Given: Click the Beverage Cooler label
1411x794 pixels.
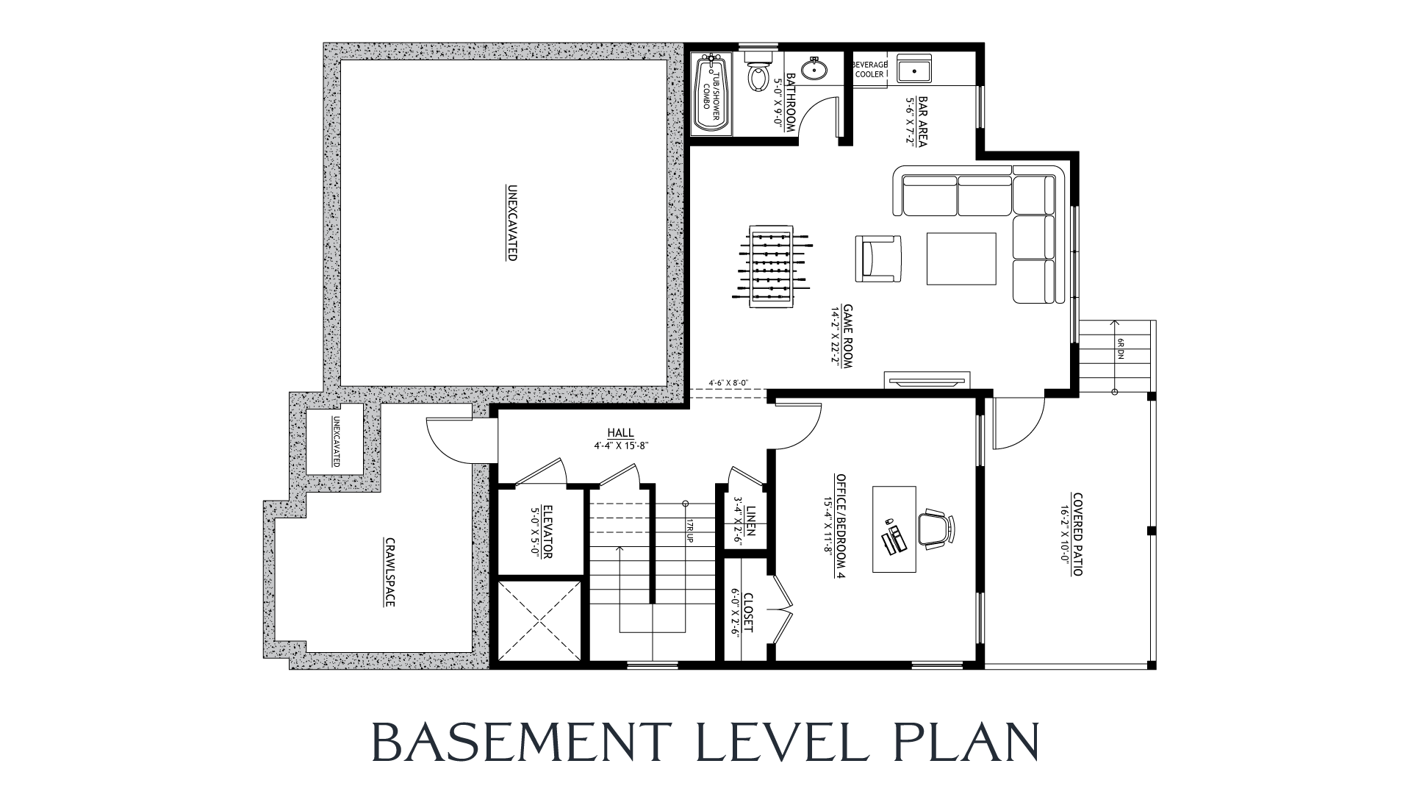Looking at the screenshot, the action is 869,69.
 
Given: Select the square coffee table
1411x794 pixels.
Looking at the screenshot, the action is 961,258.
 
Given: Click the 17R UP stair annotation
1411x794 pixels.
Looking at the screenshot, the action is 690,530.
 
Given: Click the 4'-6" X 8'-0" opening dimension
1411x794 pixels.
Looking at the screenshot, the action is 728,383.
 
